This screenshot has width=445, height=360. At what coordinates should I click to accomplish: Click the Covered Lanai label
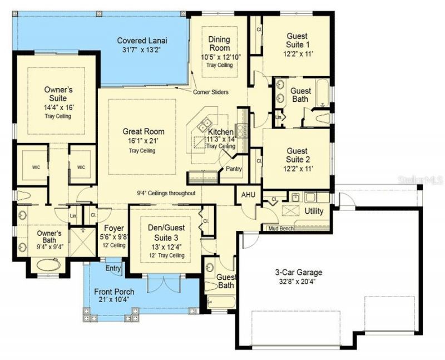pyautogui.click(x=142, y=41)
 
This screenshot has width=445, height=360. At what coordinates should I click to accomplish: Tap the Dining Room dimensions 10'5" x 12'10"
pyautogui.click(x=219, y=57)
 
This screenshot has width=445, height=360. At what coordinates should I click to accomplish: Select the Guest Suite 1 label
pyautogui.click(x=298, y=40)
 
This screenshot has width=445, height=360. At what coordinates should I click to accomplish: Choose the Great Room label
pyautogui.click(x=144, y=132)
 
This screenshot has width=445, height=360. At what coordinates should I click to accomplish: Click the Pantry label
pyautogui.click(x=234, y=169)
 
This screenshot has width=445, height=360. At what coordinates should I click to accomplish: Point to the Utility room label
pyautogui.click(x=314, y=211)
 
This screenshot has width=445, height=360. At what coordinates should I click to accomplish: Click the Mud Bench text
pyautogui.click(x=281, y=228)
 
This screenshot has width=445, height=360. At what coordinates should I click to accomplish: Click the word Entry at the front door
pyautogui.click(x=113, y=268)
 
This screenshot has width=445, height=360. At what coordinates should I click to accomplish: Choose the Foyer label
pyautogui.click(x=114, y=228)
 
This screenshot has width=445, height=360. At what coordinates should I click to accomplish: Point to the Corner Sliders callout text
pyautogui.click(x=211, y=92)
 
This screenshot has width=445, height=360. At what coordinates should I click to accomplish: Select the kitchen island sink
pyautogui.click(x=206, y=122)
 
